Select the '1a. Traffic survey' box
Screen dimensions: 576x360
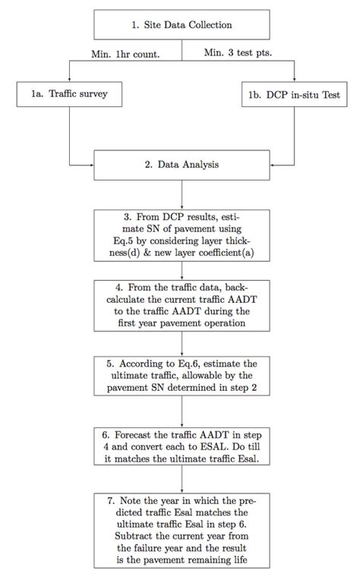[58, 96]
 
